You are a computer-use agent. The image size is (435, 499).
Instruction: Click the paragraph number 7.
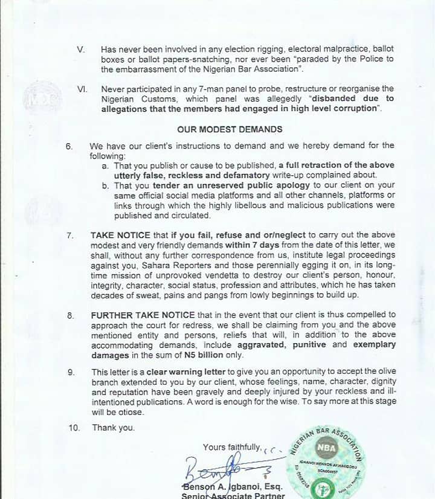click(70, 235)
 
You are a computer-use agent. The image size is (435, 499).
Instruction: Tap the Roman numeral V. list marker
click(82, 48)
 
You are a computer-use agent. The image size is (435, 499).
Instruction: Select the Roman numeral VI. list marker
click(83, 89)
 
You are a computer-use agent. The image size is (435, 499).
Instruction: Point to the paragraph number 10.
click(74, 428)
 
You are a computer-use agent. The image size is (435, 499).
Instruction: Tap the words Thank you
click(114, 428)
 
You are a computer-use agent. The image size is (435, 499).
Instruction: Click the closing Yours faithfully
click(232, 447)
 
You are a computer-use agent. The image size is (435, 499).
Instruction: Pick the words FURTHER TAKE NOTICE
click(143, 315)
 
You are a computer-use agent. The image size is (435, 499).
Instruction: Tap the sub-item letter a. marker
click(106, 166)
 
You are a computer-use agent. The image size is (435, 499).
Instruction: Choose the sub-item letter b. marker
click(106, 185)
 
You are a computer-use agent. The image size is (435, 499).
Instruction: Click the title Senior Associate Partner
click(233, 495)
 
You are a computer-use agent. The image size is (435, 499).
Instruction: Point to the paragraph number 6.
click(69, 146)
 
